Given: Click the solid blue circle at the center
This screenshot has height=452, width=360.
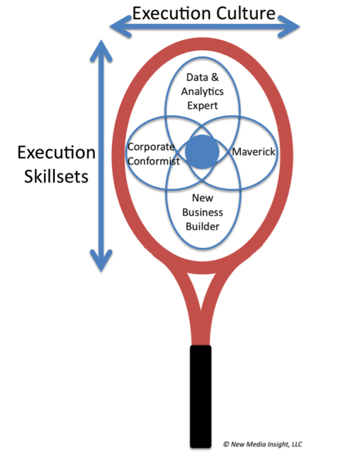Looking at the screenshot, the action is (202, 152).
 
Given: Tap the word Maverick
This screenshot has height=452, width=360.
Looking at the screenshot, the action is (254, 152).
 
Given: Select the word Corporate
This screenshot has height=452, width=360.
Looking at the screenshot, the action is (151, 147).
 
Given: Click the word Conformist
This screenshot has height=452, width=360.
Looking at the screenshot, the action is (153, 161).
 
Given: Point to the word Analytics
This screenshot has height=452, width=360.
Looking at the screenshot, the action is (202, 92).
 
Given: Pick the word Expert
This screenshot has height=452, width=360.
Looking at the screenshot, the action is (202, 106).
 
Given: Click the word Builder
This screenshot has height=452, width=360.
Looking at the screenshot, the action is (202, 227).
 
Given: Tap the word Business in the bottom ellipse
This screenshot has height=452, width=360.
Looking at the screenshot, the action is (202, 213).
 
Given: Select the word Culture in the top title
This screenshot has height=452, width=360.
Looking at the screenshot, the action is (246, 13).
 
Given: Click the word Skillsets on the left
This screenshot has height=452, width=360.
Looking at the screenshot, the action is (56, 176).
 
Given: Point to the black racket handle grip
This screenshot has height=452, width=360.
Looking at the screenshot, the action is (201, 396).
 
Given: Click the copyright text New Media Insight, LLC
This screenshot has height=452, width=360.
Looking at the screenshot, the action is (263, 444).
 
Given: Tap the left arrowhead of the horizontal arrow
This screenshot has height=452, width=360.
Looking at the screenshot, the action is (120, 27).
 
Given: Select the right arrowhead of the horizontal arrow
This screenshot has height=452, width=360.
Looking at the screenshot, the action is (289, 27).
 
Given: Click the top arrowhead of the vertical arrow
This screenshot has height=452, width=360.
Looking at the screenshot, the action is (101, 51).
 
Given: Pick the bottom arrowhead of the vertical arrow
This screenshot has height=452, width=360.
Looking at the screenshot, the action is (101, 260).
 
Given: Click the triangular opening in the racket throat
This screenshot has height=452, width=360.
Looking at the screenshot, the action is (202, 285).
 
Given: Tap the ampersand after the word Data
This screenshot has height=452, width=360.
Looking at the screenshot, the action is (214, 77).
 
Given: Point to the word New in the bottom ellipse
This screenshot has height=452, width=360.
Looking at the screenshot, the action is (202, 198).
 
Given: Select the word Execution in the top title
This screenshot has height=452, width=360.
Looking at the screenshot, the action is (173, 13).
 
